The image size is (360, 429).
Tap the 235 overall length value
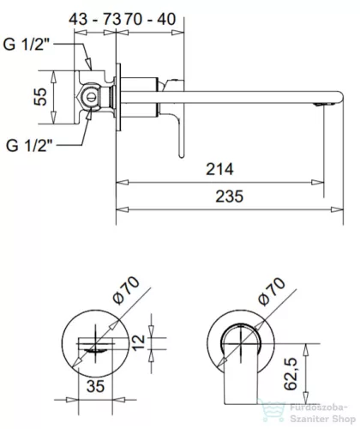click(227, 196)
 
